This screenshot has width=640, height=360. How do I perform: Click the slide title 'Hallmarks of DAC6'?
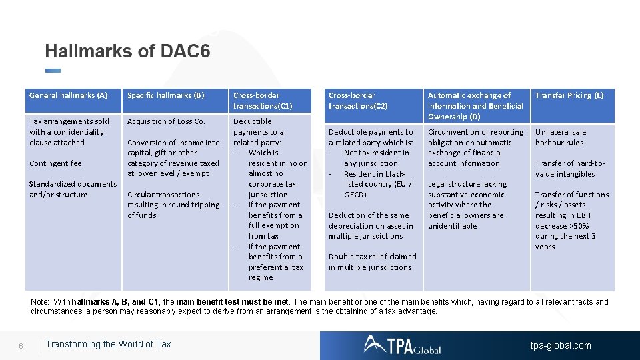point(127,51)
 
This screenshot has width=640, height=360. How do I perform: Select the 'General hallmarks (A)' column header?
point(68,95)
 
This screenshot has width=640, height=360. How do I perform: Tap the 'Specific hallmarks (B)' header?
point(165,95)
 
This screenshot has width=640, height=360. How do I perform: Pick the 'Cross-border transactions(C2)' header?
point(358,101)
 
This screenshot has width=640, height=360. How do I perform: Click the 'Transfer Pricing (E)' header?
point(569,95)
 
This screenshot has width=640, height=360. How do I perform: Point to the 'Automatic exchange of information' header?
point(475,105)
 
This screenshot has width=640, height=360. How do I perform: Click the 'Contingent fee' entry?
point(55,163)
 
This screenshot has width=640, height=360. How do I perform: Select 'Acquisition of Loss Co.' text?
point(166,121)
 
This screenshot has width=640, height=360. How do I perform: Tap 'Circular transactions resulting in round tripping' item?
point(173,205)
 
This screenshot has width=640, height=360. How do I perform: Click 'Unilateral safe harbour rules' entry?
point(560,137)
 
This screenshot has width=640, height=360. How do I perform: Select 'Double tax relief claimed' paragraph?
point(371,262)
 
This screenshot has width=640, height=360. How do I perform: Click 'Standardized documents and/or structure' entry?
point(73,189)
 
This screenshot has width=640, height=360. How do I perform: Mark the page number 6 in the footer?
point(21,345)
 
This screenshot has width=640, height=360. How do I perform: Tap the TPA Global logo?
point(402,345)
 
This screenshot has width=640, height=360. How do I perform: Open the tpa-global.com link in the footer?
point(560,345)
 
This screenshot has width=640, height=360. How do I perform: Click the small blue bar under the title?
point(53,71)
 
